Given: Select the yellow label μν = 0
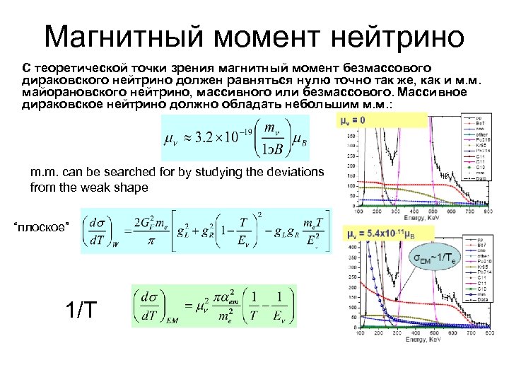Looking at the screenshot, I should (x=353, y=120).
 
